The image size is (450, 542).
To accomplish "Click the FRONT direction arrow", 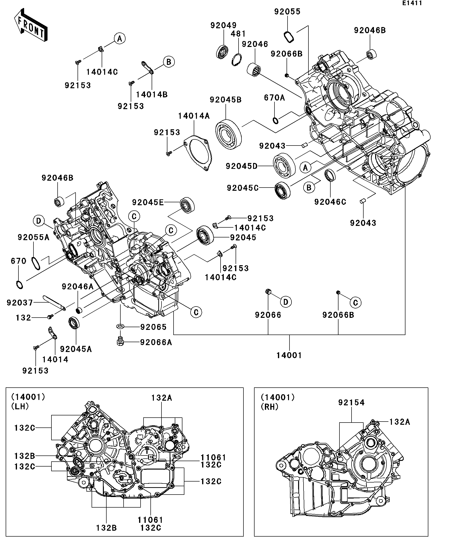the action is [x=31, y=25].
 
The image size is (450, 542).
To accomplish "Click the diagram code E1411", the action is [x=412, y=3].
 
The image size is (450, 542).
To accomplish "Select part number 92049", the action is [x=224, y=25].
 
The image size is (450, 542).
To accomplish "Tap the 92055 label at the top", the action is [x=288, y=12].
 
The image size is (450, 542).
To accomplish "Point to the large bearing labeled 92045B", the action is [x=228, y=134].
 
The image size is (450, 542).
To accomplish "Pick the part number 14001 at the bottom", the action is [x=289, y=355].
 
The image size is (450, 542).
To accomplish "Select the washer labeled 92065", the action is [x=120, y=327].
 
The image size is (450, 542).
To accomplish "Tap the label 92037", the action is [x=20, y=303].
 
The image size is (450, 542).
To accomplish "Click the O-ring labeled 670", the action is [x=19, y=285].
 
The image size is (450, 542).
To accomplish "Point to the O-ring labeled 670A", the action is [x=276, y=120].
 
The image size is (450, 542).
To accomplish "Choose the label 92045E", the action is [x=148, y=202].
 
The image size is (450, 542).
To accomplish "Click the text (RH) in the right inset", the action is [x=269, y=407].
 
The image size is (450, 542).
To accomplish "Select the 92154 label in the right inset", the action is [x=352, y=403].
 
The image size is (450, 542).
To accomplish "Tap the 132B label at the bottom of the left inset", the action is [x=107, y=528].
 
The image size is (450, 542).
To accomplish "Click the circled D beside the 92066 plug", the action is [x=286, y=302].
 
